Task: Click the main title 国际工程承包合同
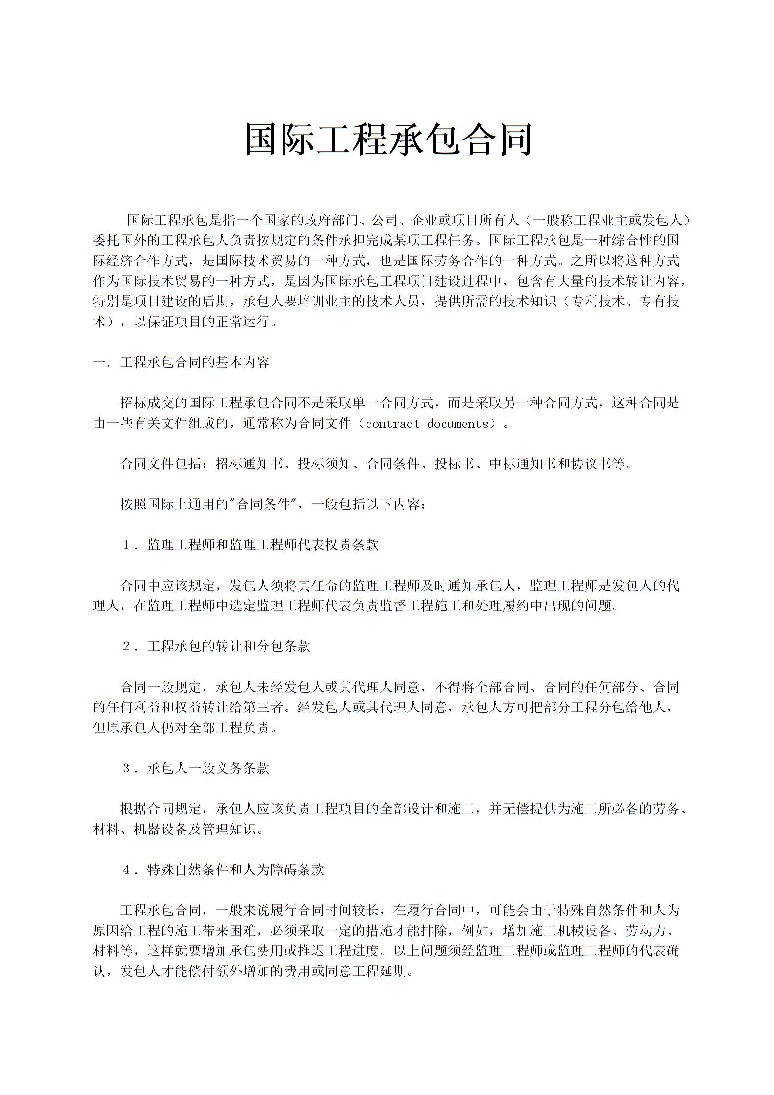tap(387, 140)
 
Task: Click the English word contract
tap(392, 424)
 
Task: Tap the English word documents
tap(457, 424)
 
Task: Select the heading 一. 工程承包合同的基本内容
tap(181, 363)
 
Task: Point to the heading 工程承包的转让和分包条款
tap(229, 647)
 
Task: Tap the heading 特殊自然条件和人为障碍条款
tap(236, 871)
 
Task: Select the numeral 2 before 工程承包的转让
tap(126, 647)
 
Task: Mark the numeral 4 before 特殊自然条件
tap(126, 871)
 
